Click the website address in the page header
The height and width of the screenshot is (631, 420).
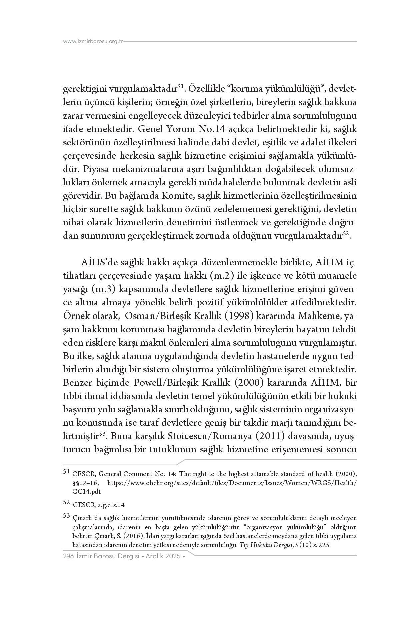click(x=93, y=42)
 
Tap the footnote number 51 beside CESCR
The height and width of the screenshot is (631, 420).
click(x=66, y=472)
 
